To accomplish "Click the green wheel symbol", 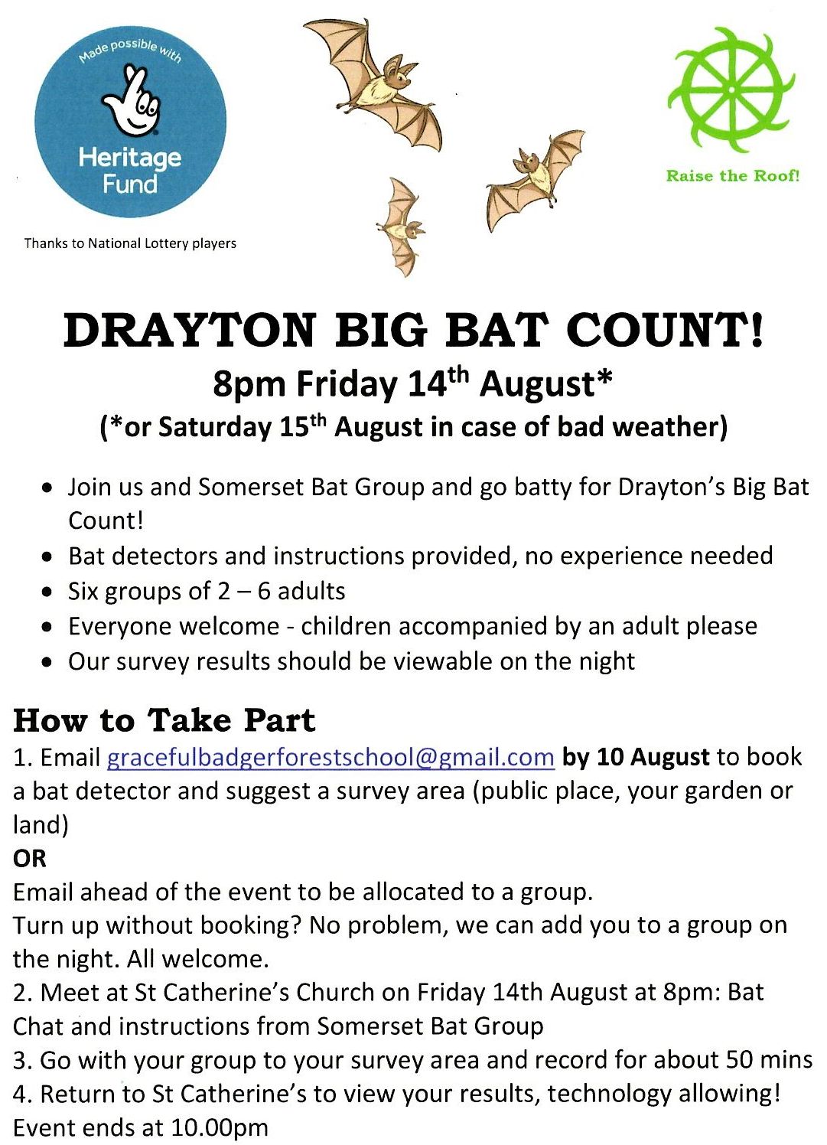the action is pos(731,90).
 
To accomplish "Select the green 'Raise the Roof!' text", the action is pos(732,176).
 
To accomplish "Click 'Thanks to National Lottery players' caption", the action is pos(130,243).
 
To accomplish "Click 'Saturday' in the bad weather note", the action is pos(214,427).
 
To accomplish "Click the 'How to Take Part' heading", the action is pos(164,721).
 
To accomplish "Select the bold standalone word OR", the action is pos(30,859).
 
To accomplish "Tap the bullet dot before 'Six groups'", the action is pos(47,592).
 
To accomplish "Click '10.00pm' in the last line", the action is pos(220,1127).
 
